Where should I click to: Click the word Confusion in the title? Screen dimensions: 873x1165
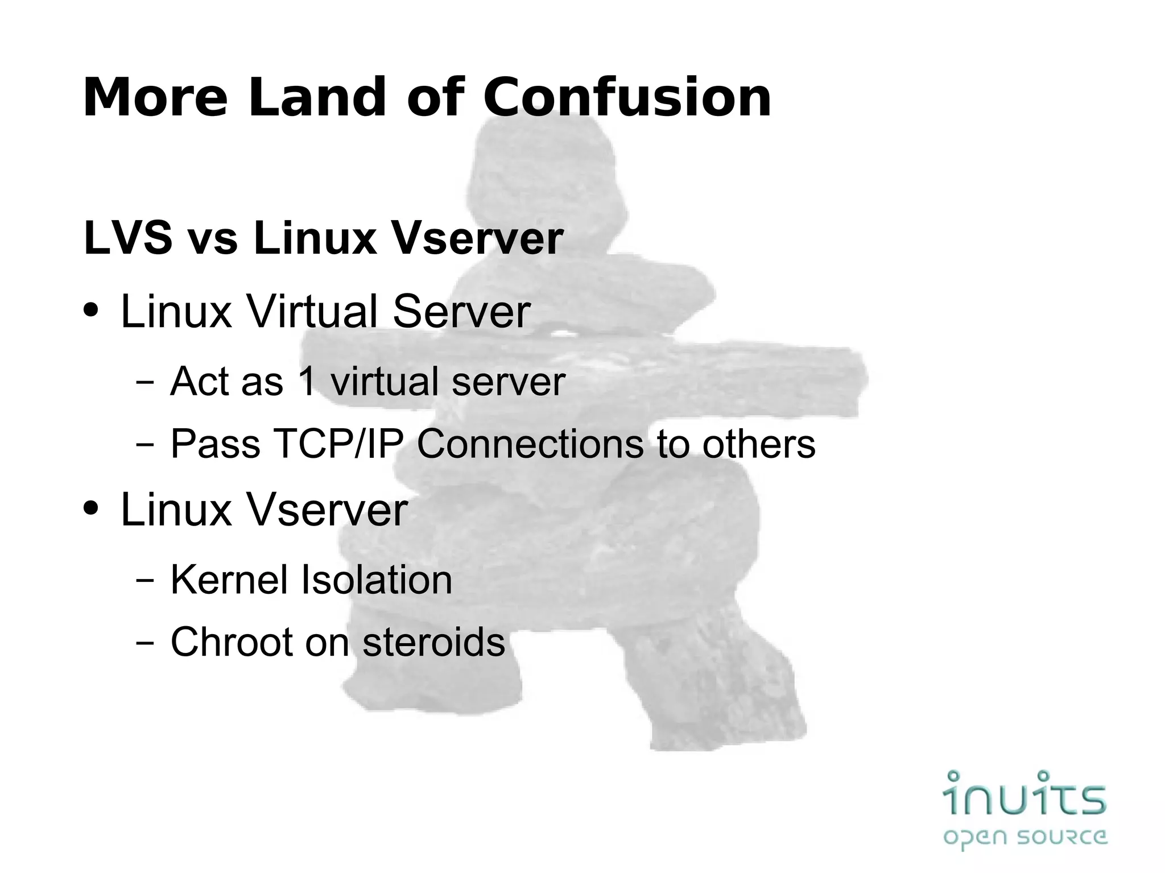[627, 98]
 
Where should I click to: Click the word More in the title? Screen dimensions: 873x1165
[155, 98]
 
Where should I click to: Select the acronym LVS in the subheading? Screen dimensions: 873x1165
[128, 238]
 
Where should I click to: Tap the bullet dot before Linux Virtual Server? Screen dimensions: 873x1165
[90, 312]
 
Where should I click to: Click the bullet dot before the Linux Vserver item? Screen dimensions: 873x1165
[90, 508]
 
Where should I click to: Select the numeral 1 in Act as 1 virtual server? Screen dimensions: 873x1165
[307, 381]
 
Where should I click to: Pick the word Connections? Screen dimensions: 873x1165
[530, 444]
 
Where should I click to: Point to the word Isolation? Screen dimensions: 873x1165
[376, 580]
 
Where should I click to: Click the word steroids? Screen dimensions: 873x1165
[433, 642]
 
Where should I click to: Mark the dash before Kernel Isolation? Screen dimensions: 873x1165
[145, 581]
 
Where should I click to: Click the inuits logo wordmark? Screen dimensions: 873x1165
[1024, 794]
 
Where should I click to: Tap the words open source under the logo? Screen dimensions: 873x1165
[1024, 837]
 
